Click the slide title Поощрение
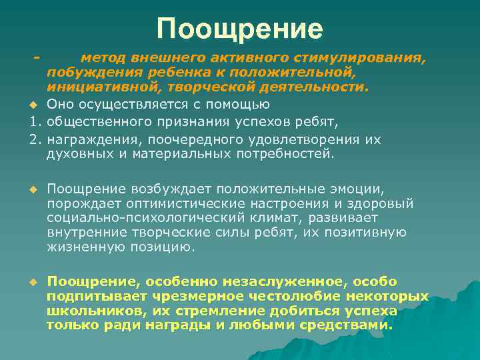[x=240, y=29]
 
